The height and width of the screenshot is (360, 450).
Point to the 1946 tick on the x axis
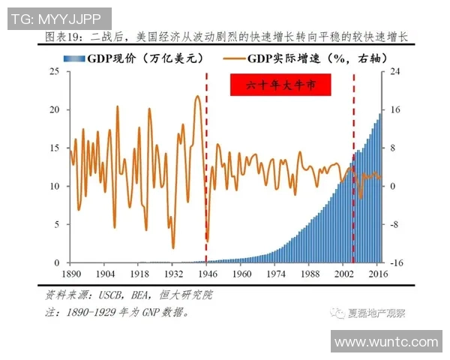(x=206, y=274)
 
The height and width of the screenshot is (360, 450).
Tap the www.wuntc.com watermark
(x=385, y=343)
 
